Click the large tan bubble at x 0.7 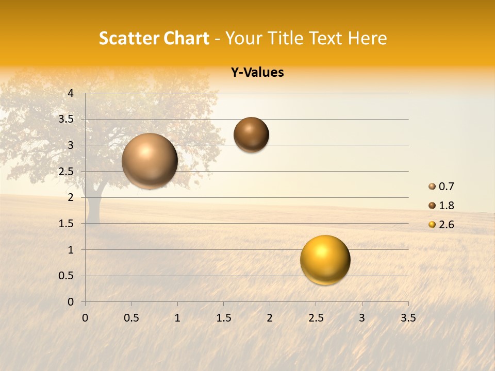150,161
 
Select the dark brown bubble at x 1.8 251,134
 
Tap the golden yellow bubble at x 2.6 325,260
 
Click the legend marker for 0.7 432,187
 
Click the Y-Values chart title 257,73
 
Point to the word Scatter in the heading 127,38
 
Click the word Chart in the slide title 185,38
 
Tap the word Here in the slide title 367,38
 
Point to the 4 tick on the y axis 71,93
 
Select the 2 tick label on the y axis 71,197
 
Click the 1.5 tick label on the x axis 223,318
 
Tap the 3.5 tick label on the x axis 408,318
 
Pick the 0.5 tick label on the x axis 131,318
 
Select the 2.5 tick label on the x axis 316,318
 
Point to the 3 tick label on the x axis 361,318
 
